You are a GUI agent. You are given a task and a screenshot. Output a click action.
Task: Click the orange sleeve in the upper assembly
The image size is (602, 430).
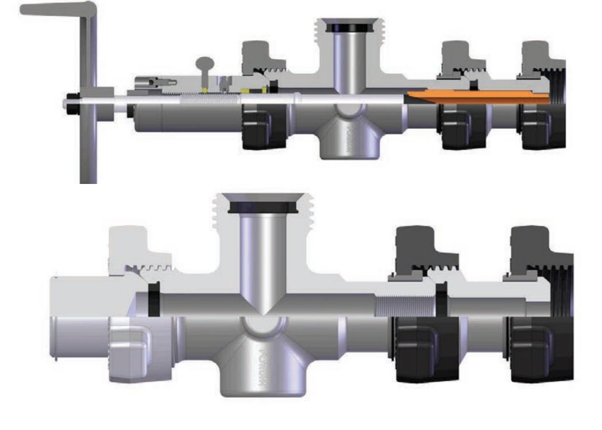coord(477,96)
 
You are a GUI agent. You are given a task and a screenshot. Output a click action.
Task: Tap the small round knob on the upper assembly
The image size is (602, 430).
coord(204,63)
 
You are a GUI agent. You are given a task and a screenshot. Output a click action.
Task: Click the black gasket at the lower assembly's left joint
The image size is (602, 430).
coord(154,300)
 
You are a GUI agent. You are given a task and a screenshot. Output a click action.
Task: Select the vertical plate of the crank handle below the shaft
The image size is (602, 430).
coord(88,149)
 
